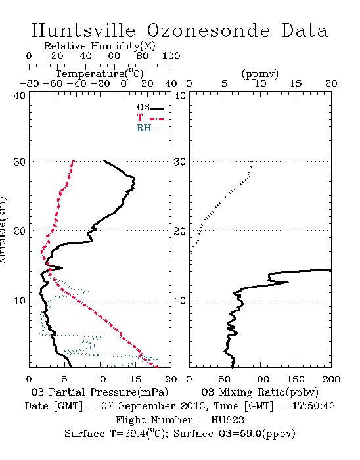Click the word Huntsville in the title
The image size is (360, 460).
click(83, 30)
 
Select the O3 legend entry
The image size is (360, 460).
click(150, 108)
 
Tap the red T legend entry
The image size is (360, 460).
click(150, 118)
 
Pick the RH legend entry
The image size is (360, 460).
click(150, 128)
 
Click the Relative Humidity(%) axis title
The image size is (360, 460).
click(100, 46)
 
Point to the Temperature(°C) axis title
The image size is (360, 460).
click(100, 74)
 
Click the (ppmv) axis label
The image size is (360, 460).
click(260, 74)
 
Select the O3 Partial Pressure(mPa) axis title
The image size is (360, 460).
click(100, 392)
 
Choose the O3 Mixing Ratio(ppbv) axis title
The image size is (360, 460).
click(259, 392)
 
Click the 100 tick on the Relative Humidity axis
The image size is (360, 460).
click(171, 55)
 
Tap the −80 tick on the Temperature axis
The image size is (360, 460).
click(30, 83)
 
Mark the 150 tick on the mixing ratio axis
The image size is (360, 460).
click(296, 379)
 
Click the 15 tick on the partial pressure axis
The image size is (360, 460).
click(135, 379)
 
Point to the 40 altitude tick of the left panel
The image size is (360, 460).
click(20, 95)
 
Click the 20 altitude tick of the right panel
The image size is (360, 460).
click(180, 231)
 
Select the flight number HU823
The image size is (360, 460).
click(227, 420)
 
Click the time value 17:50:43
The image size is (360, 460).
click(313, 406)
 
